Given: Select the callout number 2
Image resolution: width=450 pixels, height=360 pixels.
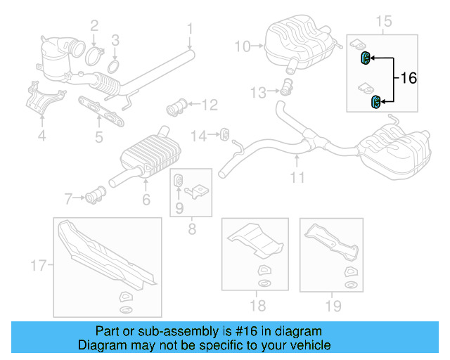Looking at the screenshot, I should (x=94, y=27).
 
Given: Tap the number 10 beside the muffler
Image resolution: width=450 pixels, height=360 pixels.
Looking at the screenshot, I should (x=242, y=46).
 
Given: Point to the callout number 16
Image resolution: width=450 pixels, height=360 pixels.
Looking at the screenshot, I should (x=409, y=79).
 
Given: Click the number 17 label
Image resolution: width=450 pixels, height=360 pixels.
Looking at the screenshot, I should (x=38, y=265).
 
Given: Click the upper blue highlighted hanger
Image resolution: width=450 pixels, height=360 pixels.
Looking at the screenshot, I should (x=366, y=58).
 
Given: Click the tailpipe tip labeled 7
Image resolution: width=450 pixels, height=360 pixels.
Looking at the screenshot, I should (x=96, y=195).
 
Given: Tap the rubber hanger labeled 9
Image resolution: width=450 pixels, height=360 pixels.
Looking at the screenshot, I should (x=179, y=179).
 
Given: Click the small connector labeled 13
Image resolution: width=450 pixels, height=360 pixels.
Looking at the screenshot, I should (x=286, y=88).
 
